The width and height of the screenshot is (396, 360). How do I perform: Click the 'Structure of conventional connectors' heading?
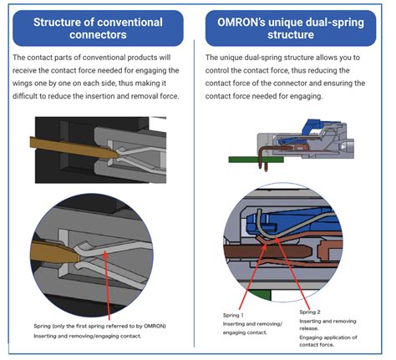click(98, 28)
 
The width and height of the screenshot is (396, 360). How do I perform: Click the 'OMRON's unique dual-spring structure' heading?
click(291, 28)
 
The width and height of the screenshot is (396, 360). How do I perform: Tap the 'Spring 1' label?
click(233, 315)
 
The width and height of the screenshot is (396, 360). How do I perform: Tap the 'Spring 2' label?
click(310, 312)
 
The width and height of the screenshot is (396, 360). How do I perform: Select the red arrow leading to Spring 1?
click(252, 276)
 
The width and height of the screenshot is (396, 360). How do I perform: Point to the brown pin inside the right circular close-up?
click(267, 251)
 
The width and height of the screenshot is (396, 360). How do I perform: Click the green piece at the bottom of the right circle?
click(260, 295)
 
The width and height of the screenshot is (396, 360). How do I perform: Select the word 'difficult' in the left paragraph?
click(24, 96)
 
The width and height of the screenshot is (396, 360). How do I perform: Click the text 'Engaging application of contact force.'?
click(327, 341)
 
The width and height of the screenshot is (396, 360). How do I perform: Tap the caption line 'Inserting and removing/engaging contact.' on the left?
click(87, 336)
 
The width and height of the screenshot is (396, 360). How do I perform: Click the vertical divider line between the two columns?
click(194, 193)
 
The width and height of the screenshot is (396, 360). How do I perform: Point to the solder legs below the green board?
click(263, 166)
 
